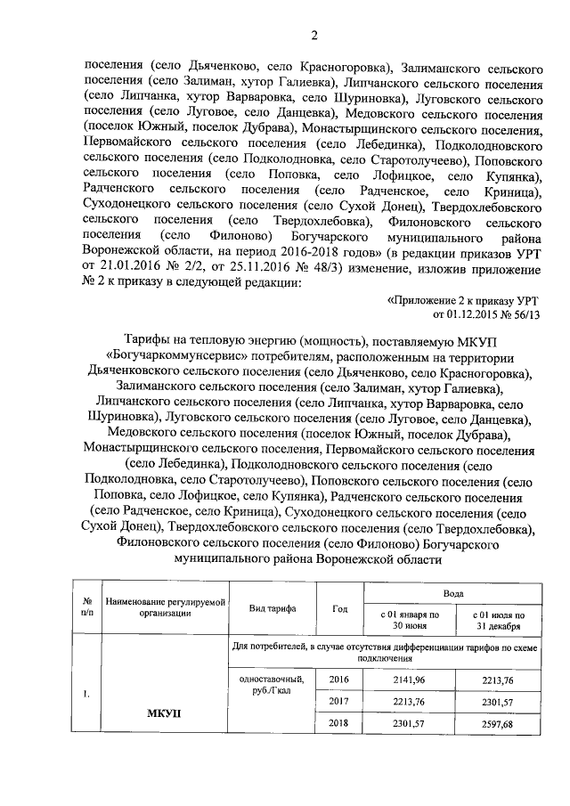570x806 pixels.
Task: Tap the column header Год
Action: [x=339, y=607]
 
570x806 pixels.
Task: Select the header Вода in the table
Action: [x=452, y=591]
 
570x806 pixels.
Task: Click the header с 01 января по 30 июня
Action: [x=410, y=619]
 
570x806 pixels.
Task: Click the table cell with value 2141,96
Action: [x=410, y=680]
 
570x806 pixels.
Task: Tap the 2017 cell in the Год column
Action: [x=339, y=702]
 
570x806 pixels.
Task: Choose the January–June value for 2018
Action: [x=410, y=723]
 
